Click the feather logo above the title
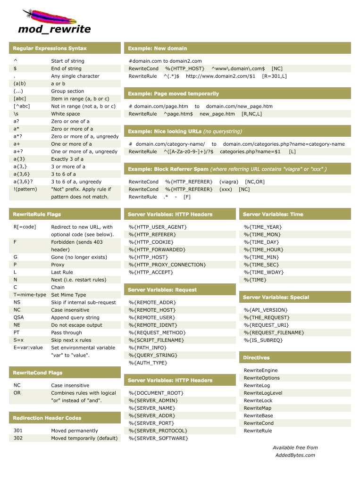tap(49, 17)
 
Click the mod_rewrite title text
tap(54, 29)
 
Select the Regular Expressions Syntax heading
tap(50, 48)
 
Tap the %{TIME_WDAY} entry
tap(263, 272)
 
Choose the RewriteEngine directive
tap(260, 370)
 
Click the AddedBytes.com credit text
tap(295, 455)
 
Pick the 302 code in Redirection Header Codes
tap(18, 438)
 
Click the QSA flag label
tap(19, 317)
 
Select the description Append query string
tap(75, 317)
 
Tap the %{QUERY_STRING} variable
tap(153, 355)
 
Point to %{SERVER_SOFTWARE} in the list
tap(158, 438)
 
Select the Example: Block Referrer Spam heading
tap(168, 169)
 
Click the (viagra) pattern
tap(229, 182)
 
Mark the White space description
tap(66, 114)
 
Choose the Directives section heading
tap(256, 357)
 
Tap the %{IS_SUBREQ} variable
tap(263, 340)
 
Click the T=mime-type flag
tap(30, 295)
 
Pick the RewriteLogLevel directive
tap(263, 393)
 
